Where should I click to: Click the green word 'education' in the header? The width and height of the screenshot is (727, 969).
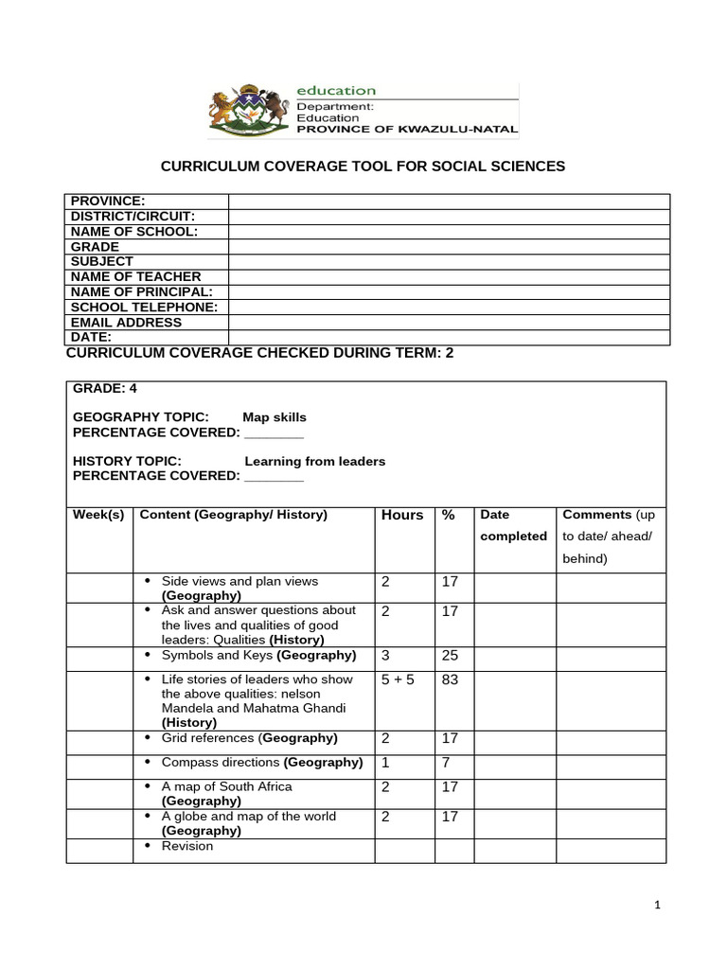pos(336,91)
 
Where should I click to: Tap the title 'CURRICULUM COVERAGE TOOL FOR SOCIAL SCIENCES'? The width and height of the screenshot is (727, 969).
pos(363,167)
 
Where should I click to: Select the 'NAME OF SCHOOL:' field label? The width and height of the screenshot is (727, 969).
pos(133,231)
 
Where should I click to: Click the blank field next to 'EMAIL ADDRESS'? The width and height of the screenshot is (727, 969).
pos(449,322)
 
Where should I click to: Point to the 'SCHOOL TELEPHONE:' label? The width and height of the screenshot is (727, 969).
pos(145,307)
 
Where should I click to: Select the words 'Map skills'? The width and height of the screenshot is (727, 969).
pos(275,417)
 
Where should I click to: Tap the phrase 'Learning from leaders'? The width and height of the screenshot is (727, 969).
pos(315,462)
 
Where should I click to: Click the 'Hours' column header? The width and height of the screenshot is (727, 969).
pos(402,515)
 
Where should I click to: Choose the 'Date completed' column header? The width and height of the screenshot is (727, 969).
pos(514,525)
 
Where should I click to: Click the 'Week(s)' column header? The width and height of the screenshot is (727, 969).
pos(98,515)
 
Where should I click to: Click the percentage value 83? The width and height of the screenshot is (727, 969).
pos(450,679)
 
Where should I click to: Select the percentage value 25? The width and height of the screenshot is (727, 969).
pos(450,656)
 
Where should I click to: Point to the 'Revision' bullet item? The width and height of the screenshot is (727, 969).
pos(187,846)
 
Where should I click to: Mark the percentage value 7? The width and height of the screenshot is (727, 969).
pos(446,762)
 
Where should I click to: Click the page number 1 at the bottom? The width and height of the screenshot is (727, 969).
pos(657,906)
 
